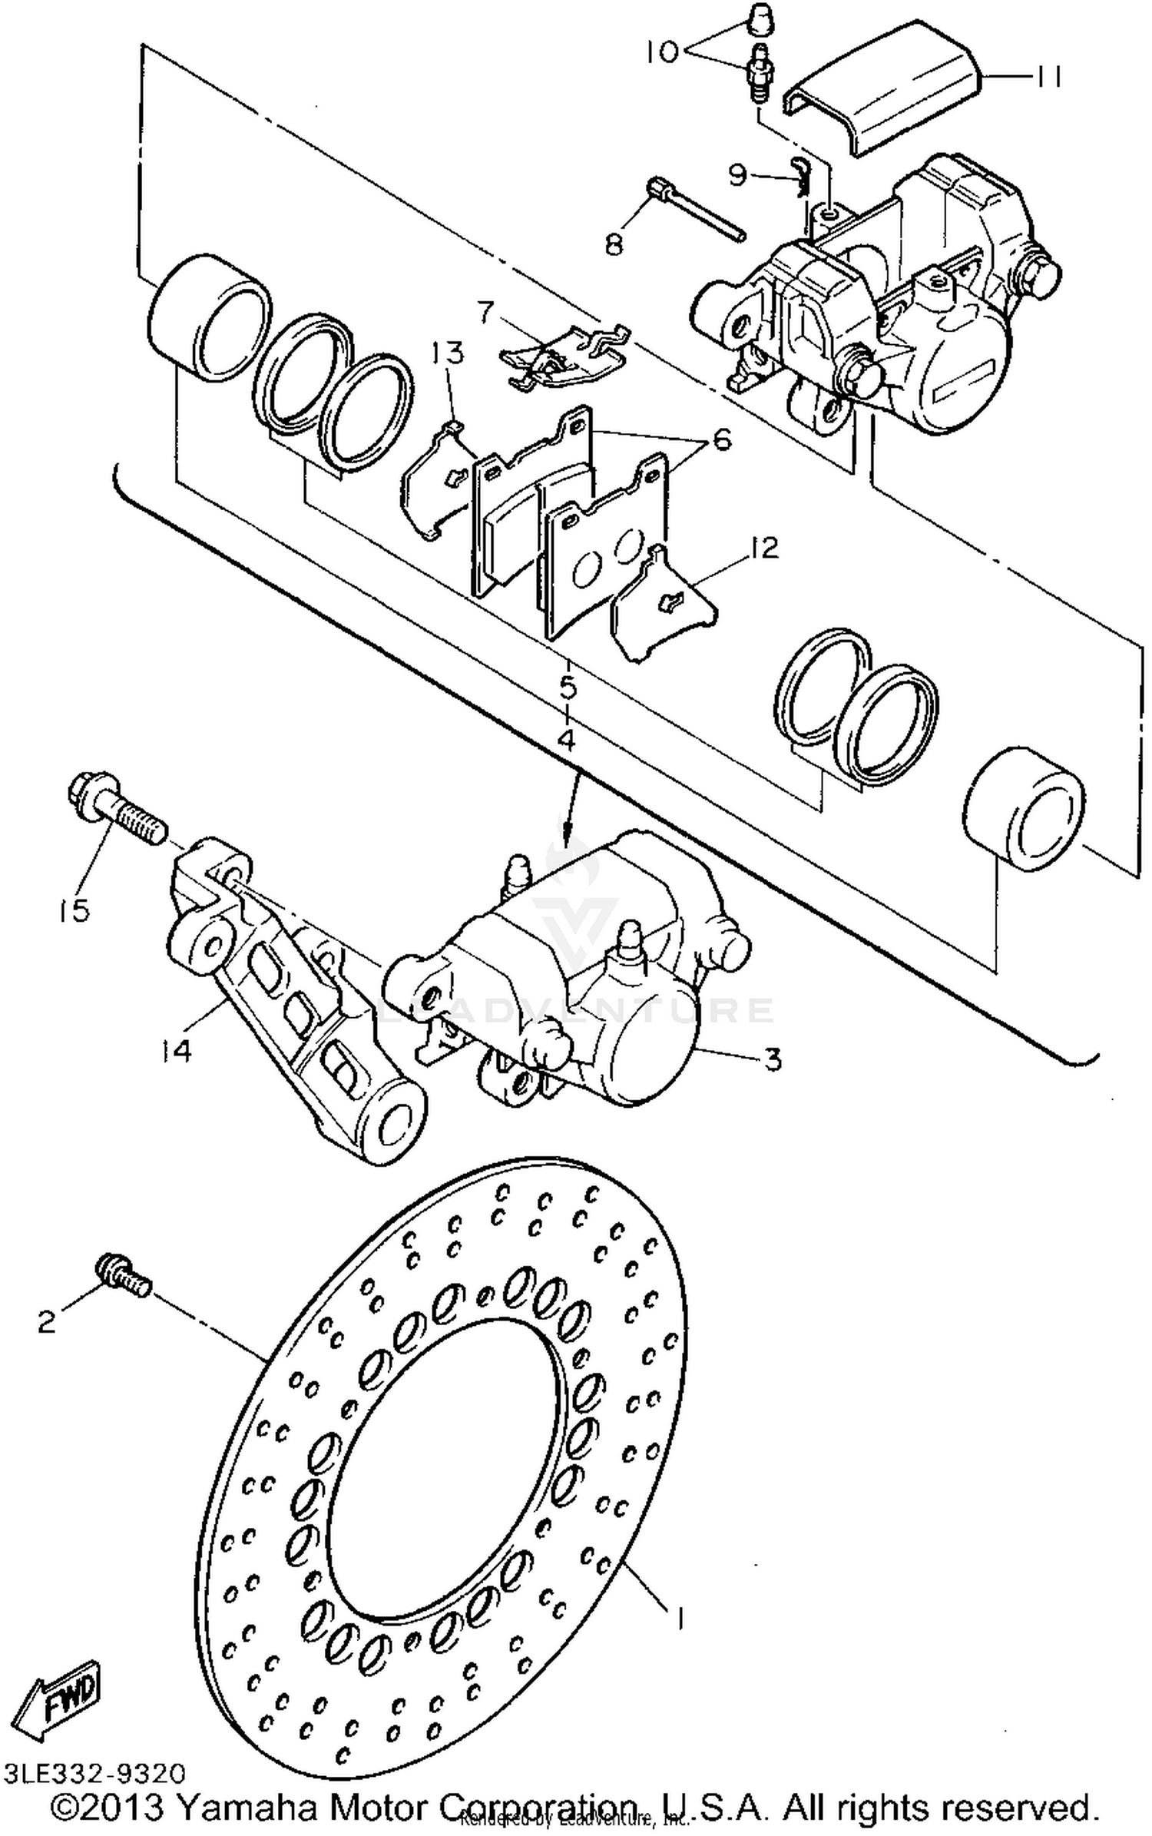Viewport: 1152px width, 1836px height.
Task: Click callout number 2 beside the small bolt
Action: click(x=47, y=1321)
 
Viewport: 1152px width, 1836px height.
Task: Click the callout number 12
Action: click(x=763, y=548)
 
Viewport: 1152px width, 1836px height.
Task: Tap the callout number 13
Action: click(x=448, y=353)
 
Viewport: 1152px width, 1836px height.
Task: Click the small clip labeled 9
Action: click(x=800, y=177)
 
